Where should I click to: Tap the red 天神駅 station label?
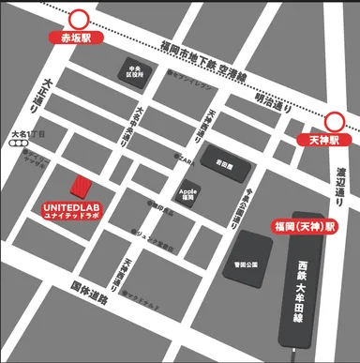click(336, 140)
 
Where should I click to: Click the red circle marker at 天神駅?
click(336, 121)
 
